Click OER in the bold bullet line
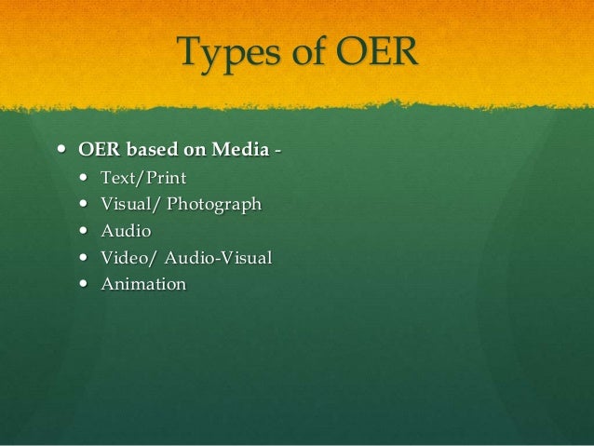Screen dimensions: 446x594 click(x=99, y=149)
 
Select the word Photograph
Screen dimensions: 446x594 click(x=214, y=204)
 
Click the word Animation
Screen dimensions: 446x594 click(x=143, y=284)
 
